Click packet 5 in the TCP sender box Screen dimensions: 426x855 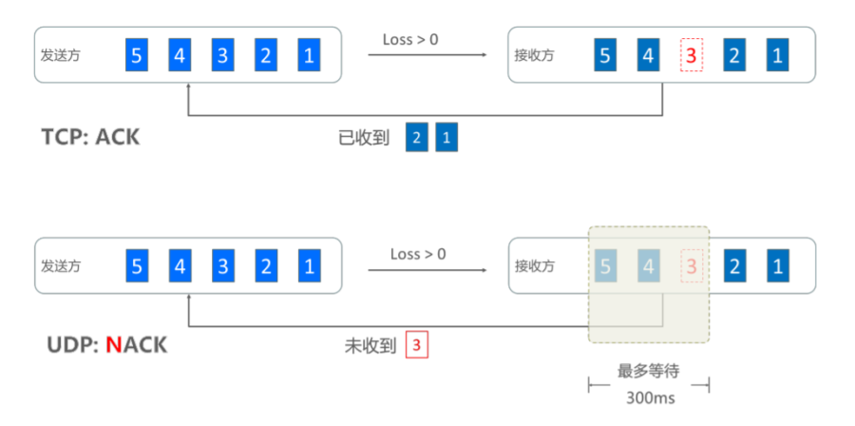[137, 55]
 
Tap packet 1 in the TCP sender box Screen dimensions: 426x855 [309, 55]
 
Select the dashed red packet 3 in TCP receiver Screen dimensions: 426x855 [691, 55]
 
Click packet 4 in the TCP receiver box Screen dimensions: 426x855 [647, 55]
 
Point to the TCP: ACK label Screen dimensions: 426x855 [90, 137]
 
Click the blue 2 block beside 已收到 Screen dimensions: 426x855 [415, 138]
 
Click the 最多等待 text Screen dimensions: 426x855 [650, 371]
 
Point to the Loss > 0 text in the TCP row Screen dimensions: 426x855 [410, 40]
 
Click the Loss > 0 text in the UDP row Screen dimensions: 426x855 [418, 255]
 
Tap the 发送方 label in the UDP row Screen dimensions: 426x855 [61, 266]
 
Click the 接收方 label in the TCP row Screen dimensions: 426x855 [534, 55]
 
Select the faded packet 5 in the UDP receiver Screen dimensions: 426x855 [604, 266]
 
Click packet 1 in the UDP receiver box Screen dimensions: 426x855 [777, 266]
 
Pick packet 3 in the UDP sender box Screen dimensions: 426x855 [222, 266]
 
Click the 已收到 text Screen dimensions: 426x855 [365, 138]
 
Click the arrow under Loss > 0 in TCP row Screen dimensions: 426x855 [427, 55]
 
